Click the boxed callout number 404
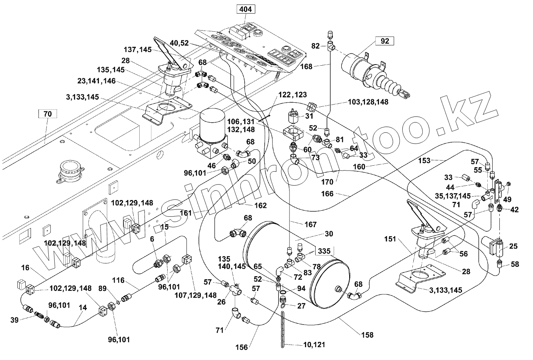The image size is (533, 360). tap(245, 9)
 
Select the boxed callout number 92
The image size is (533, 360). tap(385, 41)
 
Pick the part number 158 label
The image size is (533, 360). tap(367, 335)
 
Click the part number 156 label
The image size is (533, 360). tap(242, 347)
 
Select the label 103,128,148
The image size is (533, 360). tap(368, 102)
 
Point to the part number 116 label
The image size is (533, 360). tap(118, 281)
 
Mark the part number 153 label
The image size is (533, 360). tap(424, 160)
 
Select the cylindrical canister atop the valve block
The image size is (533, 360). tap(213, 125)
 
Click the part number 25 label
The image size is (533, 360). tap(513, 246)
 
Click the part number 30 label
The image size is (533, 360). tap(329, 234)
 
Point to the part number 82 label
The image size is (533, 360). tap(316, 46)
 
